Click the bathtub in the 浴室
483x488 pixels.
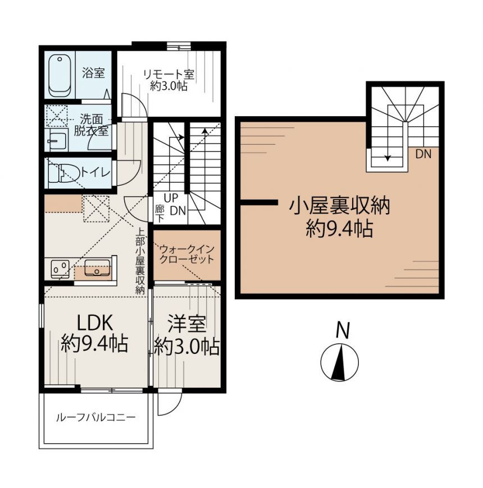pyautogui.click(x=60, y=75)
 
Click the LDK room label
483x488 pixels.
pyautogui.click(x=94, y=323)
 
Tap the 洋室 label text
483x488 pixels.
pyautogui.click(x=186, y=324)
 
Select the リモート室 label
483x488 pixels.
pyautogui.click(x=168, y=75)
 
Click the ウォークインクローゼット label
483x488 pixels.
pyautogui.click(x=187, y=254)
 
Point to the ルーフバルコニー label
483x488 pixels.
pyautogui.click(x=96, y=417)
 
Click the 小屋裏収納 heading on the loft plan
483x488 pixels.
pyautogui.click(x=340, y=206)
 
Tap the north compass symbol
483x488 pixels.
pyautogui.click(x=340, y=362)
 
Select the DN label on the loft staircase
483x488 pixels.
pyautogui.click(x=423, y=154)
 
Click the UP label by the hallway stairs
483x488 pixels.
pyautogui.click(x=171, y=198)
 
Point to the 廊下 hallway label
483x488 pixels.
pyautogui.click(x=160, y=214)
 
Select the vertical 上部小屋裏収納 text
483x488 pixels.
pyautogui.click(x=140, y=261)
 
